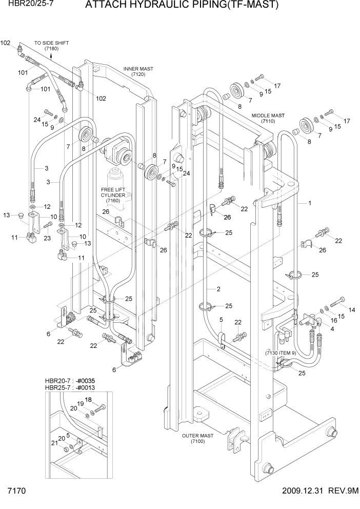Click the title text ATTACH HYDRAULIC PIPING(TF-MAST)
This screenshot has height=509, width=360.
coord(182,6)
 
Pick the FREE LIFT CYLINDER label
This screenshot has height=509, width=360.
coord(113,195)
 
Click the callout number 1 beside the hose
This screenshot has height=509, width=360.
coord(310,203)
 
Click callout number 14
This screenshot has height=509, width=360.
coord(352,310)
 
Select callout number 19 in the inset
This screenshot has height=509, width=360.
coord(80,404)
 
